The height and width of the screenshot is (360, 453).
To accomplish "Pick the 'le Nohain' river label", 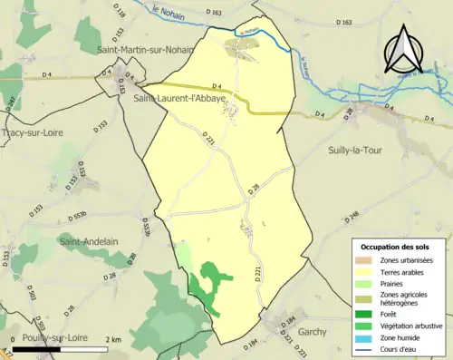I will click(x=168, y=16).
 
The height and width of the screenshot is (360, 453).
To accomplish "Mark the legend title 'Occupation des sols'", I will click(x=395, y=246).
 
